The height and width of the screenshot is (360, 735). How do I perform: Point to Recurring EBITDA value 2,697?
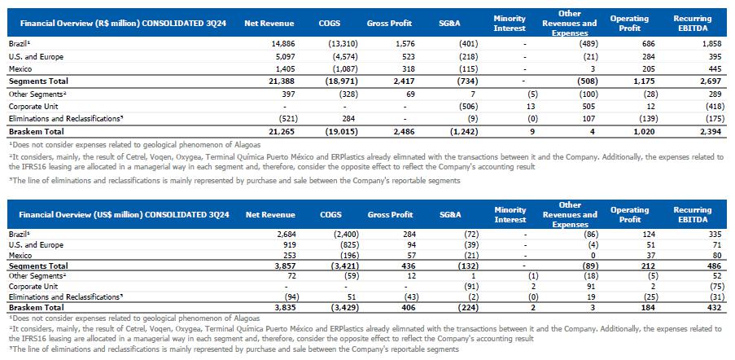tap(699, 81)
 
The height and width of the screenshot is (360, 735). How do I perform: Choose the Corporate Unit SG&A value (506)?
tap(458, 105)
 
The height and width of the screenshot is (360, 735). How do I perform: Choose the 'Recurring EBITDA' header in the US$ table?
tap(692, 214)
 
